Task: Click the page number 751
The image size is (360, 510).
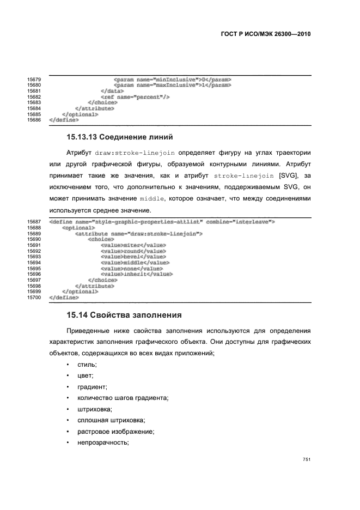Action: [x=307, y=460]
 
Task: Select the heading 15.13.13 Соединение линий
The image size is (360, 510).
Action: [x=119, y=137]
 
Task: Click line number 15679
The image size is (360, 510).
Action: [x=34, y=80]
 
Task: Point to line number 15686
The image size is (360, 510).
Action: [x=34, y=119]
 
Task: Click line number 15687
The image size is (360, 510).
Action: [x=34, y=222]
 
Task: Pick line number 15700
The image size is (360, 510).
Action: [x=34, y=297]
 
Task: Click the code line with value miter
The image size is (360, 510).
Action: [x=133, y=245]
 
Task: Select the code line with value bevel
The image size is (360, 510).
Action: [x=133, y=257]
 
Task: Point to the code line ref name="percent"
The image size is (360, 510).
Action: [x=135, y=97]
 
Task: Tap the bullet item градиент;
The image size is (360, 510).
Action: [x=91, y=387]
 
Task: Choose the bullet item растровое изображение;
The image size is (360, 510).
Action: [x=115, y=431]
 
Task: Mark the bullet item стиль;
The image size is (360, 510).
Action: [x=87, y=365]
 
